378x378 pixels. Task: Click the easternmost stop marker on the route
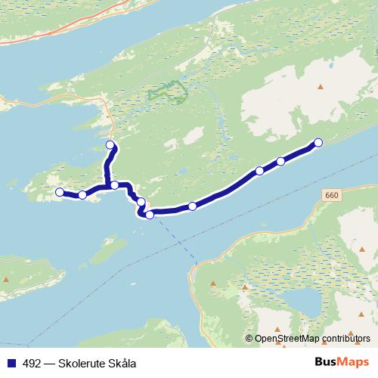[318, 142]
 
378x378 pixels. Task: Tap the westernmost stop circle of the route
[60, 192]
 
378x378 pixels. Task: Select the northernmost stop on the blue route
[110, 144]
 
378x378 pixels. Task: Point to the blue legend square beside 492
[11, 362]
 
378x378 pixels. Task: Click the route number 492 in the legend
[31, 362]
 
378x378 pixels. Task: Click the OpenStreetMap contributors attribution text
[312, 339]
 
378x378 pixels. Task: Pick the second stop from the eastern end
[281, 161]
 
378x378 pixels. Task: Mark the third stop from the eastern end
[260, 171]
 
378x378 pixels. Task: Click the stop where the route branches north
[114, 184]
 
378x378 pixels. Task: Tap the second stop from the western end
[82, 196]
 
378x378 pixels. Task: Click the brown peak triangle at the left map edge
[7, 280]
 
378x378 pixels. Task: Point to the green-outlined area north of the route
[168, 92]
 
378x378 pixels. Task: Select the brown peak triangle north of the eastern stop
[320, 87]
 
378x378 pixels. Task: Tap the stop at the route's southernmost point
[150, 215]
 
